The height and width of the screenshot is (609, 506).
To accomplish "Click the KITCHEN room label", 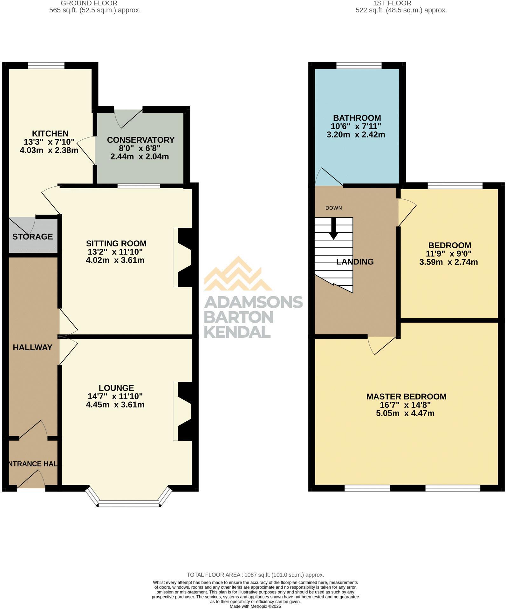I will click(x=50, y=134).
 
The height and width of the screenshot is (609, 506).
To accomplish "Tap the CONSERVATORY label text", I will click(x=140, y=140).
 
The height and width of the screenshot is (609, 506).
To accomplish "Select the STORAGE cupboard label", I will click(x=32, y=237).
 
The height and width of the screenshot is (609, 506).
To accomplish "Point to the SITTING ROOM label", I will click(x=116, y=244).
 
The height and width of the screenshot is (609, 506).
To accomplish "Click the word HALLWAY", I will click(x=32, y=347).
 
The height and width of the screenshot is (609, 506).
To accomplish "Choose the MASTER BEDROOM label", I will click(x=406, y=397).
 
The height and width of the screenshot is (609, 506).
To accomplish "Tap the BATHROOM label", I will click(x=357, y=118).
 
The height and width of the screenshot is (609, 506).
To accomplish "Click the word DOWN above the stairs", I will click(x=333, y=208).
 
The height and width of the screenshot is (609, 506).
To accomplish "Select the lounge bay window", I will click(x=128, y=503).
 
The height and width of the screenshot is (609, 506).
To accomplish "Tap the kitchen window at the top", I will click(x=46, y=66).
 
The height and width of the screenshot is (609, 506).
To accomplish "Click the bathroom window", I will click(x=359, y=66).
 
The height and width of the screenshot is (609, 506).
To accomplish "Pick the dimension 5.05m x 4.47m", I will click(x=405, y=413).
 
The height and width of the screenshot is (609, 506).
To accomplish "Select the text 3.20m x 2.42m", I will click(x=356, y=135).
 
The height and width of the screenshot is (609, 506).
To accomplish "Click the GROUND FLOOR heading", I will click(x=89, y=3).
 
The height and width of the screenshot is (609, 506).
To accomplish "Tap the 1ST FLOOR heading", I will click(x=392, y=3).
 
